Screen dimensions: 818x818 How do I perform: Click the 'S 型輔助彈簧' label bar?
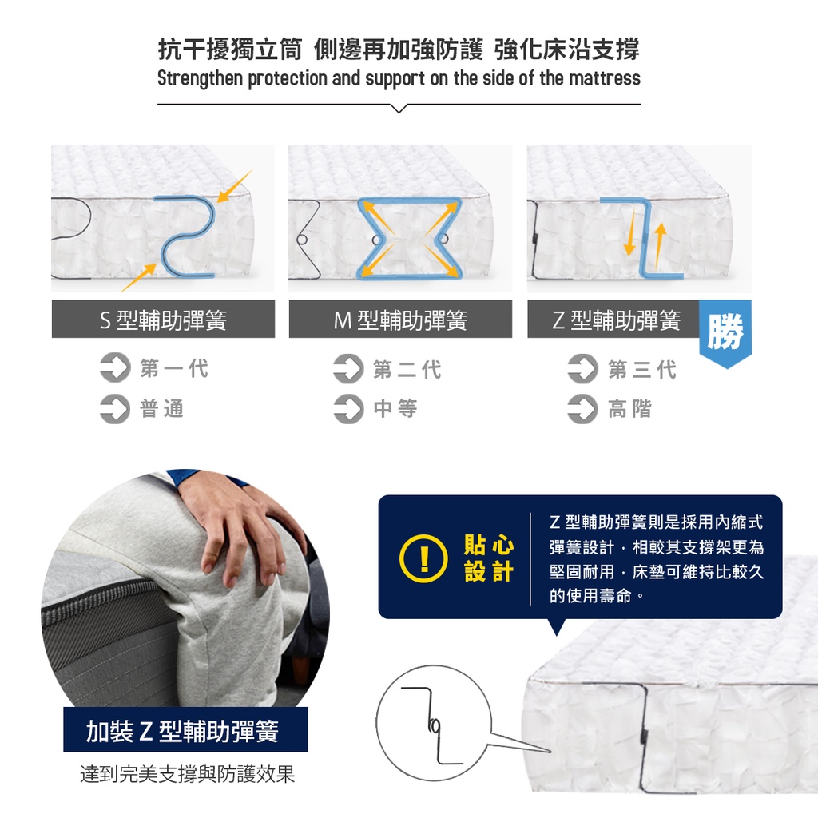point(163,319)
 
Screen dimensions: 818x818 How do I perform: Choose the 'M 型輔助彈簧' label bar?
point(401,319)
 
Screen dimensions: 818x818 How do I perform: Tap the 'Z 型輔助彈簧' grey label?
point(613,319)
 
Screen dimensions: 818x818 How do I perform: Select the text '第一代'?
point(174,368)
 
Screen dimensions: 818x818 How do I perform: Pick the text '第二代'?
point(407,369)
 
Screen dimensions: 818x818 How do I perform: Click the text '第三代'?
point(642,369)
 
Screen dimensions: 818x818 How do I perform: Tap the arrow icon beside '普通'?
point(115,408)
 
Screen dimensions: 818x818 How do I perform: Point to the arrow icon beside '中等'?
point(348,408)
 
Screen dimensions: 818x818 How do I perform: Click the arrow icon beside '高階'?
point(582,408)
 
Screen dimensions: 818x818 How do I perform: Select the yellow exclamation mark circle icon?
point(423,558)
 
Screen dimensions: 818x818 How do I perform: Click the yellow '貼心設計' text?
point(489,558)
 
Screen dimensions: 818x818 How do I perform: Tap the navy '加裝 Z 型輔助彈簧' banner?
point(185,729)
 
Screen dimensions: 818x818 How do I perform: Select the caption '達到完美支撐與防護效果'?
point(187,773)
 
